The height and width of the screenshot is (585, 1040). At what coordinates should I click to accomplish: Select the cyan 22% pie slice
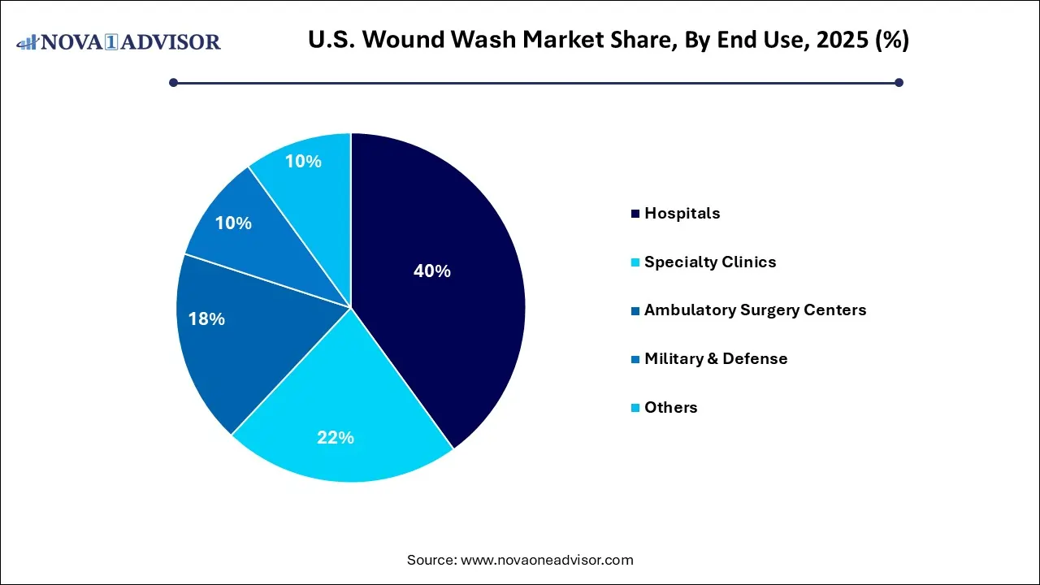341,414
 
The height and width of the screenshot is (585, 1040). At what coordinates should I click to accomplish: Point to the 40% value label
431,271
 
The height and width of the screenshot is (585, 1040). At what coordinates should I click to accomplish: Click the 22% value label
335,438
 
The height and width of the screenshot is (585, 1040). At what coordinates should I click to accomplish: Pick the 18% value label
206,319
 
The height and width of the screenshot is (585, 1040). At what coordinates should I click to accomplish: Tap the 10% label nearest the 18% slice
233,223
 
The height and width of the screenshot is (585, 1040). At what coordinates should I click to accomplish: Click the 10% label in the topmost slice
303,162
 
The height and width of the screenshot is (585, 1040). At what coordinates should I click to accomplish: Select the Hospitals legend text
682,214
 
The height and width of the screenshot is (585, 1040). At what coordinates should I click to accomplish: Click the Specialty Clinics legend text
709,262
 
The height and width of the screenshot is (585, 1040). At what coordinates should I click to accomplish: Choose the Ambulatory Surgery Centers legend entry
755,310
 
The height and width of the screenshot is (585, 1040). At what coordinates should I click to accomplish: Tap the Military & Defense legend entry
715,358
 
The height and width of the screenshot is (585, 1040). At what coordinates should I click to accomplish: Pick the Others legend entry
670,407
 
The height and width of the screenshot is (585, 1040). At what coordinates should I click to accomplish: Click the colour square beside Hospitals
635,214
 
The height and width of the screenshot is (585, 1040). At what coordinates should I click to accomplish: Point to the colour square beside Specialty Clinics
635,262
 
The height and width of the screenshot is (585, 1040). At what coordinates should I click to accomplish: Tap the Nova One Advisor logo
118,41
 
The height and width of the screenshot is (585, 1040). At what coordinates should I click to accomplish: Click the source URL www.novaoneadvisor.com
547,560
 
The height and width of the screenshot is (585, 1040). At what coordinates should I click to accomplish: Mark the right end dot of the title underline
899,82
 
